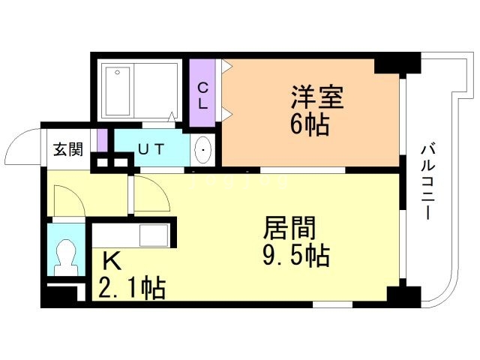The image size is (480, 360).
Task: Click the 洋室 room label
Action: point(317,97)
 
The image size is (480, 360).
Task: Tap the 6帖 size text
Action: point(310,124)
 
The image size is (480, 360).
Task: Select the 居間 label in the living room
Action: point(289,228)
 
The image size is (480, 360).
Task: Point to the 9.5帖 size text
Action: point(296,256)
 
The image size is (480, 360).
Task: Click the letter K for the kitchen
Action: point(112,261)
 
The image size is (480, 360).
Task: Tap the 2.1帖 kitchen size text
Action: point(132,287)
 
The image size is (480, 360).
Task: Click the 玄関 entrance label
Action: point(68,149)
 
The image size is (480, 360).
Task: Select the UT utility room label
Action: point(151,149)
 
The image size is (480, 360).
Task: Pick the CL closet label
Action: point(202,96)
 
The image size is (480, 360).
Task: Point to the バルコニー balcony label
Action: point(429,182)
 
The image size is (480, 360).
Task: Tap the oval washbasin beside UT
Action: point(203,150)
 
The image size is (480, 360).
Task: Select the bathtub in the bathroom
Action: point(118,91)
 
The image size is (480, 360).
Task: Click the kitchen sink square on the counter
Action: point(154,235)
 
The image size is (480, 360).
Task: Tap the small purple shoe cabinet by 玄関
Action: point(103,140)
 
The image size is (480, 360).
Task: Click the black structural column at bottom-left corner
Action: point(59,297)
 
